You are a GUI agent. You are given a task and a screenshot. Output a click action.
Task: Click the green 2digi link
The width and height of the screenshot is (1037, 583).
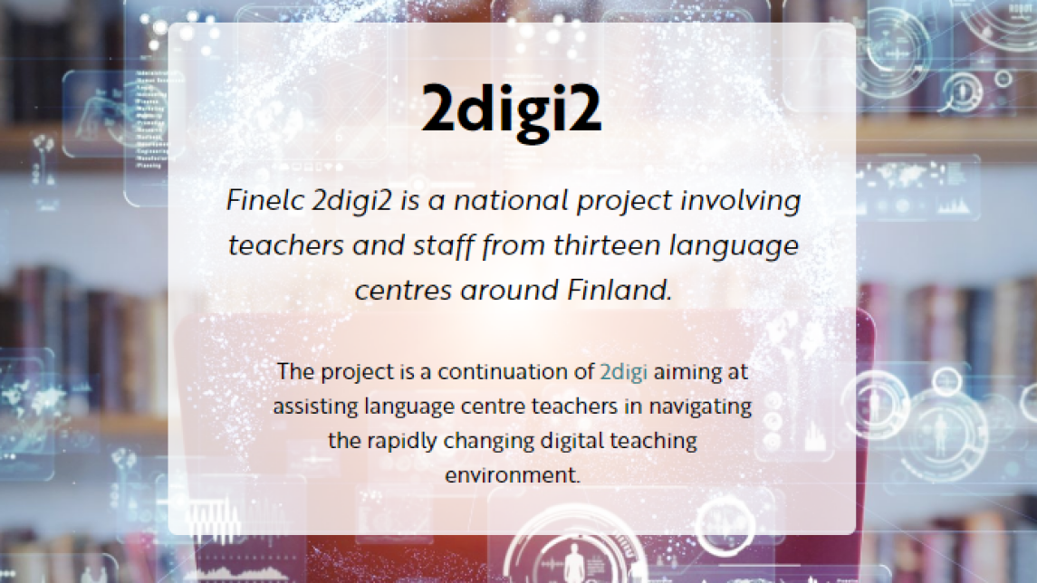(623, 372)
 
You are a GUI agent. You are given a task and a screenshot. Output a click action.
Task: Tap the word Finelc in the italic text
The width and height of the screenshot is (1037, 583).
(265, 200)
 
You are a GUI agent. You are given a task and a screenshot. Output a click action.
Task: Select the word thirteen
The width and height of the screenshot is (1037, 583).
(607, 245)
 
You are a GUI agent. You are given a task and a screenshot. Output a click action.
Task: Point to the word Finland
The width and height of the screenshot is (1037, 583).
(619, 291)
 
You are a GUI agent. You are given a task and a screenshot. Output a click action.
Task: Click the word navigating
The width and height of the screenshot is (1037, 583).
(700, 406)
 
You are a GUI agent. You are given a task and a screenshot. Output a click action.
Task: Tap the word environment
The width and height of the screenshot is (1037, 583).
(512, 474)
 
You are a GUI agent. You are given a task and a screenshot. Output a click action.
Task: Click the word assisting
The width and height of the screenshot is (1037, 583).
(315, 406)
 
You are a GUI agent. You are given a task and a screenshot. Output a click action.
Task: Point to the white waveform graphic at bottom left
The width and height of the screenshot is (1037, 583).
(213, 520)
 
